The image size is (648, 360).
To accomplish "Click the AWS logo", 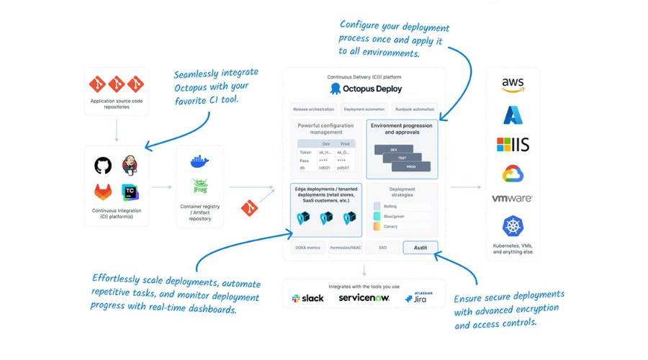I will pos(513,86).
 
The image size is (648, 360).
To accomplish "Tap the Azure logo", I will pos(513,114).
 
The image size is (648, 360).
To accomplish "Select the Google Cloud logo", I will pos(513,174).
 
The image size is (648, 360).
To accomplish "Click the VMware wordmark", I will pos(512,199).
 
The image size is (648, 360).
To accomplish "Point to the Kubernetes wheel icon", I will pos(513,226).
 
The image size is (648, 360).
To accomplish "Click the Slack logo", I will pos(307,298).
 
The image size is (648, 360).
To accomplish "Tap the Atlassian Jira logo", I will pos(416,298).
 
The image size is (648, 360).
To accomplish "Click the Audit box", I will pos(420,248).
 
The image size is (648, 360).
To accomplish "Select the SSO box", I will pos(382,248).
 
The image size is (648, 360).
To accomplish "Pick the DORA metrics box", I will pos(307,248).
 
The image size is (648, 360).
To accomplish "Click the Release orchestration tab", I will pos(313,109).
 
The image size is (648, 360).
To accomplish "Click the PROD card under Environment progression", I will pos(411,166).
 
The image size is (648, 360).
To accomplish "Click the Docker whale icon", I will pos(199,162).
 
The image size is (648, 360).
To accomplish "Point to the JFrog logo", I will pos(199,186).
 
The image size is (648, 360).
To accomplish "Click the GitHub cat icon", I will pos(103,166).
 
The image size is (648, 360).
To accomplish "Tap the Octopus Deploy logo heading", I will pos(366,89).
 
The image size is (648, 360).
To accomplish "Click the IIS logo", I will pos(513,144).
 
